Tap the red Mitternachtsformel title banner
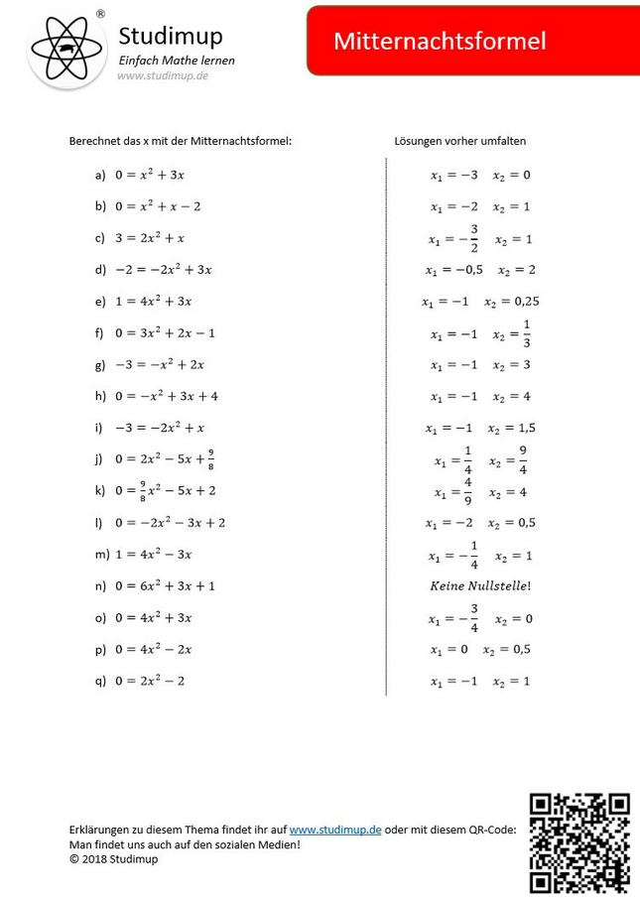(473, 41)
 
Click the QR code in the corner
(580, 842)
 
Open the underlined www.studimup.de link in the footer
(335, 830)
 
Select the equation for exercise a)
(150, 175)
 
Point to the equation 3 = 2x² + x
(150, 238)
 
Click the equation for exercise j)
(163, 458)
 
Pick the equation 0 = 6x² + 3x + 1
(165, 585)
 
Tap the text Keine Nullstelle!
(480, 585)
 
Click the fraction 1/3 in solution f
(526, 333)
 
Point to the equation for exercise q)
(150, 681)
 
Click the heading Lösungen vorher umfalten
(459, 142)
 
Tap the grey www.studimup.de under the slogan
(163, 76)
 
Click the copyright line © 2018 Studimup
(113, 859)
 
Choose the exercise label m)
(101, 554)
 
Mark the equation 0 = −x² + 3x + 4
(166, 396)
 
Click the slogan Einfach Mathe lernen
(177, 61)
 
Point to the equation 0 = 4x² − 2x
(153, 649)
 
